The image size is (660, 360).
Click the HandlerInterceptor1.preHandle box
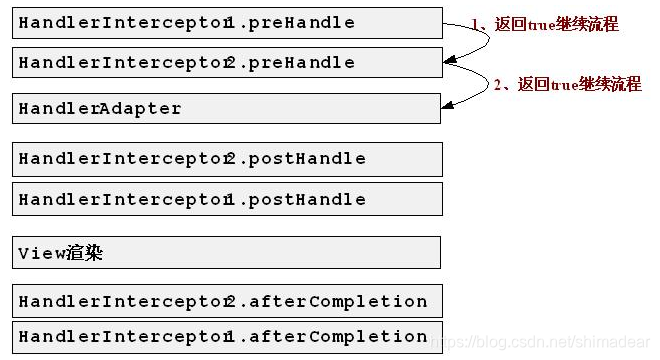228,22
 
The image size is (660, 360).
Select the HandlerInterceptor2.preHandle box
228,62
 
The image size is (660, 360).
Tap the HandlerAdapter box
228,108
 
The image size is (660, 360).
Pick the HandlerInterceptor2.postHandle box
228,158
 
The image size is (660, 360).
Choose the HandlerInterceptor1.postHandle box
228,199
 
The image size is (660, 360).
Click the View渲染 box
228,252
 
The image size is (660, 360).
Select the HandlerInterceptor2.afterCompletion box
228,301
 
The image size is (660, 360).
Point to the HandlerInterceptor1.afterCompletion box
228,336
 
